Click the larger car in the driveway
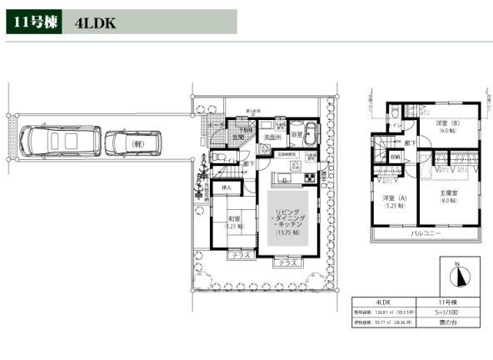click(x=60, y=142)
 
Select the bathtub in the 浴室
click(x=306, y=133)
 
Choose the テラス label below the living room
click(x=288, y=263)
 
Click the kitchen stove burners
click(x=309, y=177)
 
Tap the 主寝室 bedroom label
click(x=450, y=196)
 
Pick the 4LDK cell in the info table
click(x=384, y=302)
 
